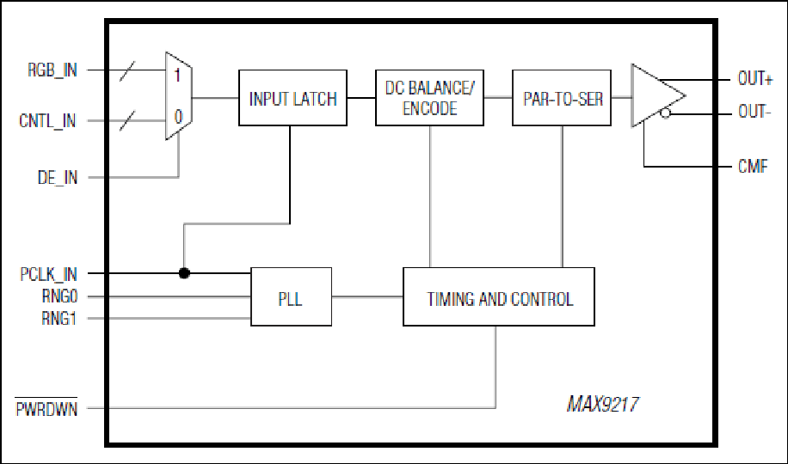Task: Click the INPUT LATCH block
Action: (292, 98)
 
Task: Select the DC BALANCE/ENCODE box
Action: (429, 98)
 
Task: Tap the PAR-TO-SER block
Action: (562, 98)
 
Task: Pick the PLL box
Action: (291, 296)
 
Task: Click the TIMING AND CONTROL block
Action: (499, 296)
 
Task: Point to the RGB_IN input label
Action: (52, 70)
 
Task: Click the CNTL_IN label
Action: (47, 121)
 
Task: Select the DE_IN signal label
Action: (58, 177)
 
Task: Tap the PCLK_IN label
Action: (48, 274)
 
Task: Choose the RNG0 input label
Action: (60, 296)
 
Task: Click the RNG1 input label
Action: (59, 319)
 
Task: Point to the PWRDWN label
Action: (46, 409)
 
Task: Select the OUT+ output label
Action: (754, 79)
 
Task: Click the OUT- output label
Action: (754, 112)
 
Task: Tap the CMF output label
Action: (753, 166)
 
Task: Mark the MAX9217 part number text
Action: (602, 404)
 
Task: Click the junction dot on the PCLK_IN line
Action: (184, 273)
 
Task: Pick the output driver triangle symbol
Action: (658, 95)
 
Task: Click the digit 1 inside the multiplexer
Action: (177, 76)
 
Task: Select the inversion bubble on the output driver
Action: (665, 113)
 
